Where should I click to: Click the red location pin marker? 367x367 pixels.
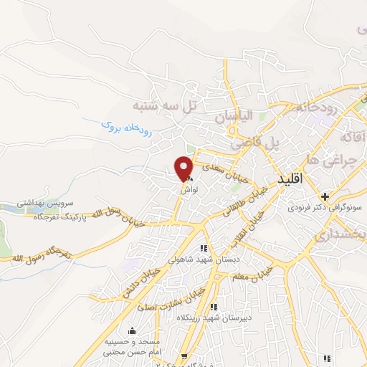(x=184, y=168)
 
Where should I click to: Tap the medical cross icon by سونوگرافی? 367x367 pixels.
(x=325, y=196)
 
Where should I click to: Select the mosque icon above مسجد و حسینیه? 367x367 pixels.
(x=130, y=331)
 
